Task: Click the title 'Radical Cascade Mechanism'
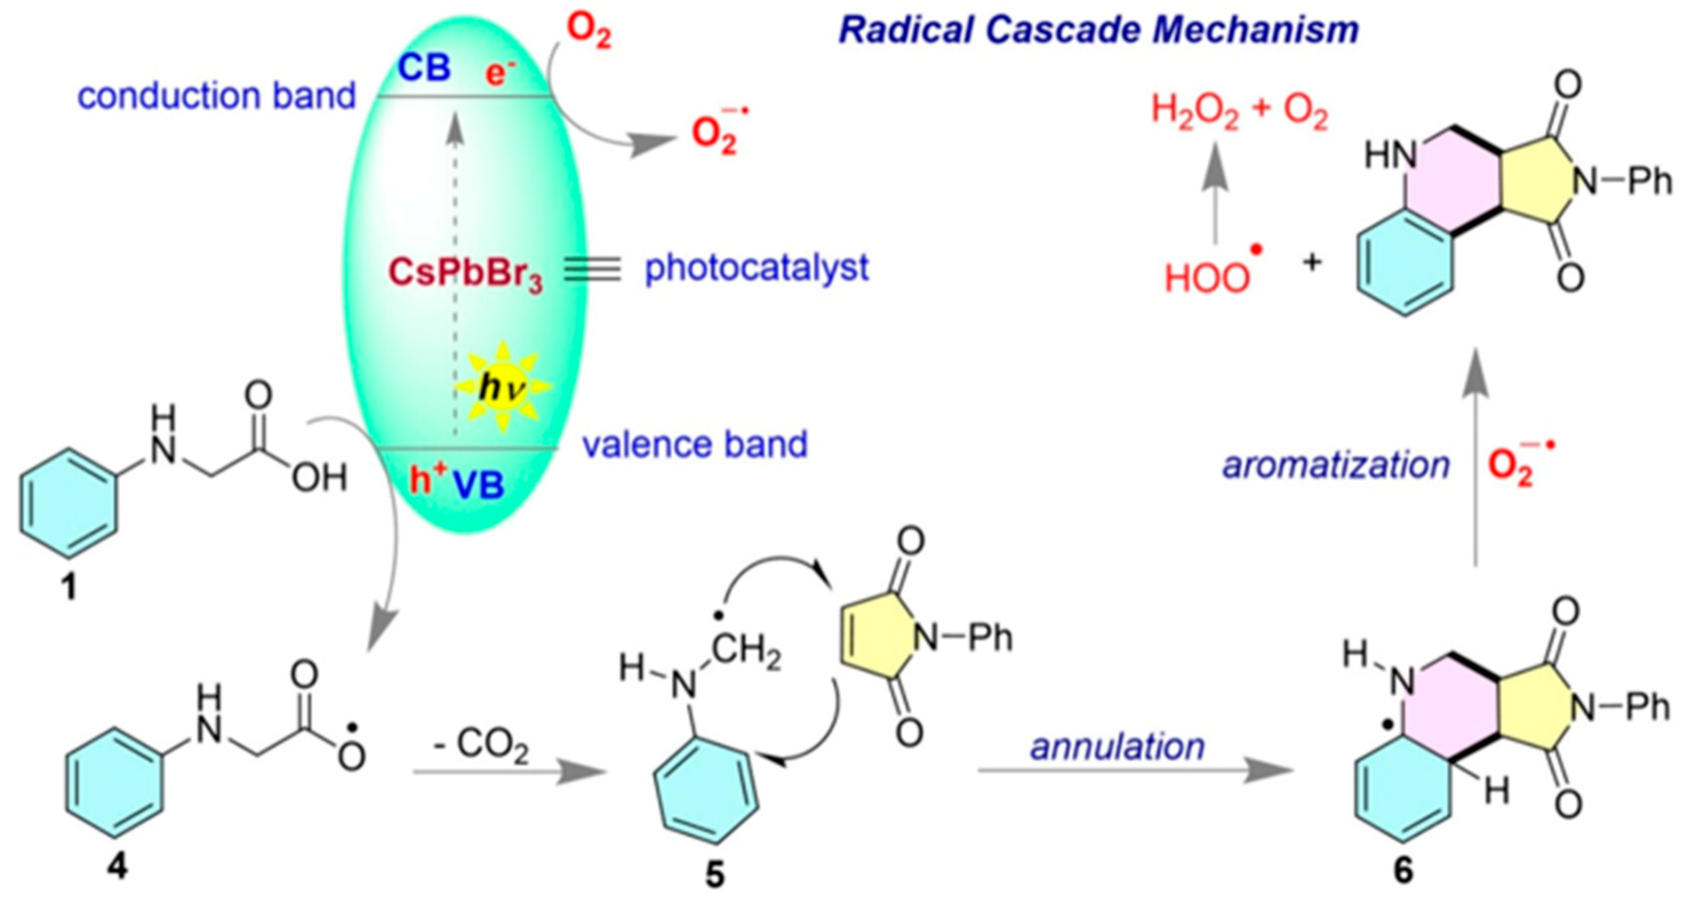coord(1099,30)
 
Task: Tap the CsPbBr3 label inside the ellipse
coord(465,273)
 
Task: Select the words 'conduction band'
coord(216,96)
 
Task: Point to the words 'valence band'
coord(695,445)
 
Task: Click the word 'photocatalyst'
coord(757,268)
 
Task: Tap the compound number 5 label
coord(715,874)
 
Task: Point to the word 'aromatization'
coord(1336,465)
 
